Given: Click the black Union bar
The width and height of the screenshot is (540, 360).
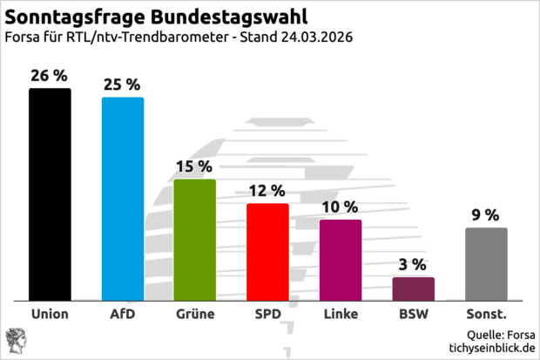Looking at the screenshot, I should coord(50,194).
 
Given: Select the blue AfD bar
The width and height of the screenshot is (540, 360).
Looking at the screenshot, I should coord(123,199).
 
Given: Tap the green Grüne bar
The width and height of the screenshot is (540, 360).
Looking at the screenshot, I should coord(195,240).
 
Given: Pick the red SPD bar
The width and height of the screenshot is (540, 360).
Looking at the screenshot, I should coord(267,252).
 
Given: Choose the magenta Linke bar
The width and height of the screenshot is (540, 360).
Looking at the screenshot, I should coord(341,260).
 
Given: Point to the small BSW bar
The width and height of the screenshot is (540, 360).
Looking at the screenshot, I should coord(413,289).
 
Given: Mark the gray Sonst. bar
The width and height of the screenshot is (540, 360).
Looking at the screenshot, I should coord(486,264).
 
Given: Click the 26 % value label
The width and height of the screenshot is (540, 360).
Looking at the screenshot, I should coord(50,76).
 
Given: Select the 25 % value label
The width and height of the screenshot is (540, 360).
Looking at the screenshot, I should coord(123,85).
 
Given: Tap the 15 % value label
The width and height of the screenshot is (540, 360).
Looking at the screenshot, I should coord(195,166).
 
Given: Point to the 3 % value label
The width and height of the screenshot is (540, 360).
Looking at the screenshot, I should coord(413,264).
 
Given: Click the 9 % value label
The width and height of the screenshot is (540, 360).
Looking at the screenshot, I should coord(486,214).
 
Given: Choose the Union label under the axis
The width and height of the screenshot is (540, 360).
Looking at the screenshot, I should coord(50,314).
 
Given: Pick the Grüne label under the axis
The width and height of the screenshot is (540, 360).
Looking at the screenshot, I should coord(195,314).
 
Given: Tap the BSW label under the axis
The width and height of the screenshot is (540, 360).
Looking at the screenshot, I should coord(413,314).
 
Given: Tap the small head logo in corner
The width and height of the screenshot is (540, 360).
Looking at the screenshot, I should coord(16,340).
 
